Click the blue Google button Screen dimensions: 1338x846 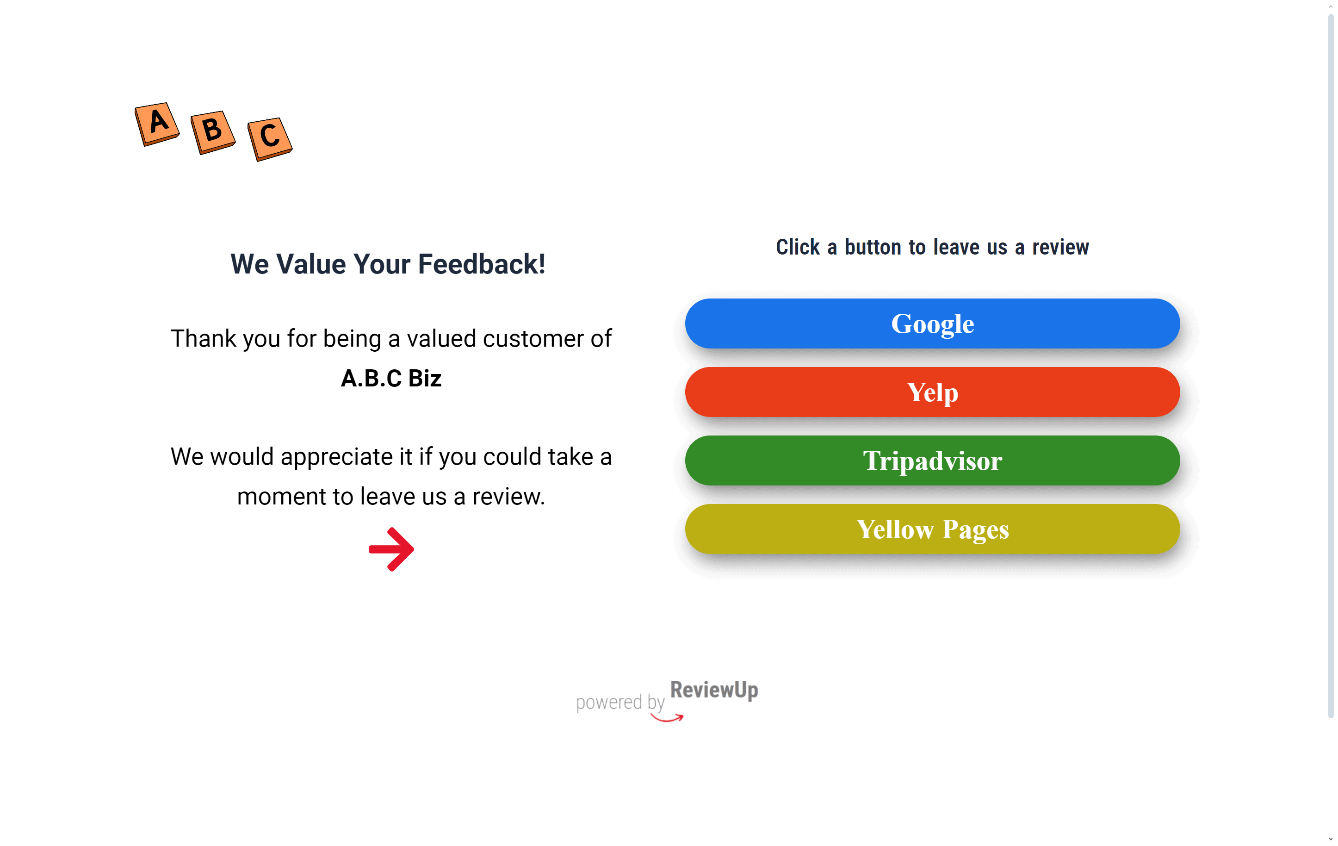[932, 323]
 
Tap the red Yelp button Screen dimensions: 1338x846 [932, 392]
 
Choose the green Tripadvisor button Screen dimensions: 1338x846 [932, 460]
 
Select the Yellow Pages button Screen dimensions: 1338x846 [932, 529]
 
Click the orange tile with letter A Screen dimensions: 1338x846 [157, 124]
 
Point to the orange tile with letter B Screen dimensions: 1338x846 [213, 132]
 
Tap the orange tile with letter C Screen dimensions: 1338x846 [270, 139]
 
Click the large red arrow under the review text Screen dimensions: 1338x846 [392, 549]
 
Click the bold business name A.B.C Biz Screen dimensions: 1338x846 [391, 378]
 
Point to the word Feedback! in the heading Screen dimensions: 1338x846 [482, 264]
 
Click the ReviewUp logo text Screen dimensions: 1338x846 [714, 690]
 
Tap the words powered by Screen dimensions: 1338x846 [620, 703]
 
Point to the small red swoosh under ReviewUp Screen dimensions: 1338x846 [667, 718]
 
